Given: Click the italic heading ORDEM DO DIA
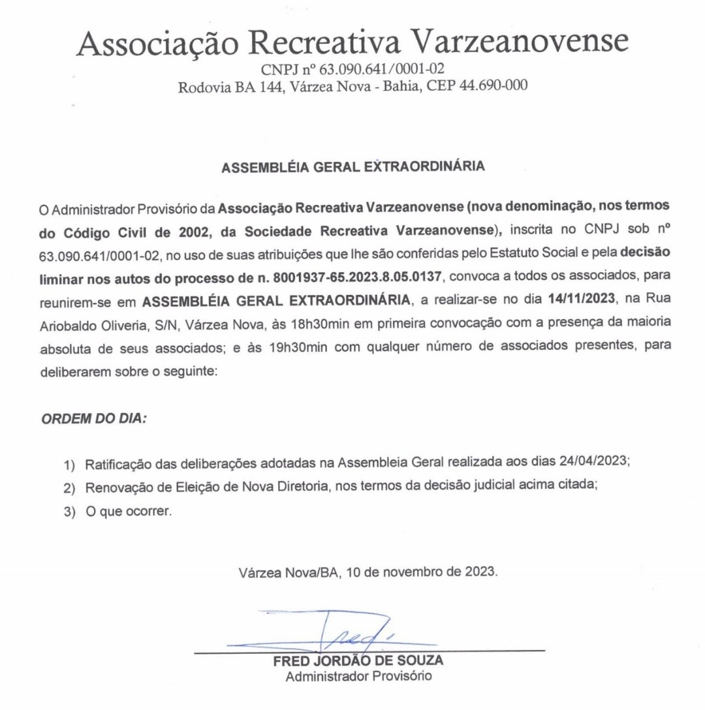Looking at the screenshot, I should pos(94,418).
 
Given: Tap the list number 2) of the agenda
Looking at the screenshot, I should pos(70,489).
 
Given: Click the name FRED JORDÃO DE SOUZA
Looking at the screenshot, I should pos(358,662).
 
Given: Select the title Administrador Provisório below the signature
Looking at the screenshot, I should pos(358,677).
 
